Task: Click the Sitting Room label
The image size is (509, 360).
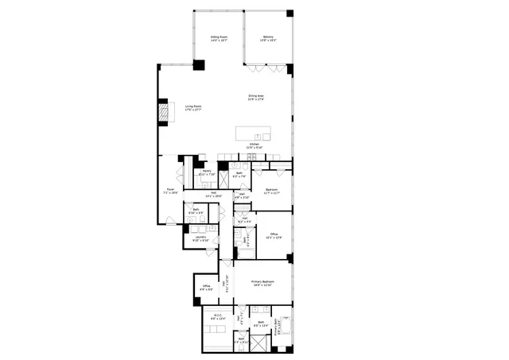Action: click(x=219, y=38)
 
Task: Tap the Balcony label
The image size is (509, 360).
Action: click(x=268, y=38)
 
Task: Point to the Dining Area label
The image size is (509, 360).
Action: click(x=255, y=98)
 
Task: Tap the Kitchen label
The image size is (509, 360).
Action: click(x=254, y=146)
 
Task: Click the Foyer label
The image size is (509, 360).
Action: click(x=169, y=191)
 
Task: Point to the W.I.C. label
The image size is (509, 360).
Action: click(x=214, y=317)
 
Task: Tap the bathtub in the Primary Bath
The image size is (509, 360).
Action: click(x=286, y=326)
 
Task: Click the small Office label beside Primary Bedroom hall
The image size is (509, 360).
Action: click(x=205, y=288)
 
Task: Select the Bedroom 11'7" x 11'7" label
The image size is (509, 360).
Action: click(x=271, y=191)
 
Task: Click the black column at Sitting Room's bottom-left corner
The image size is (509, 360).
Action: click(x=200, y=67)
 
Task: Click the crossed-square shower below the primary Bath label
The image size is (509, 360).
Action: click(x=258, y=342)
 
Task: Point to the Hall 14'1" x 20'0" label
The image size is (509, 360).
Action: click(x=214, y=194)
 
